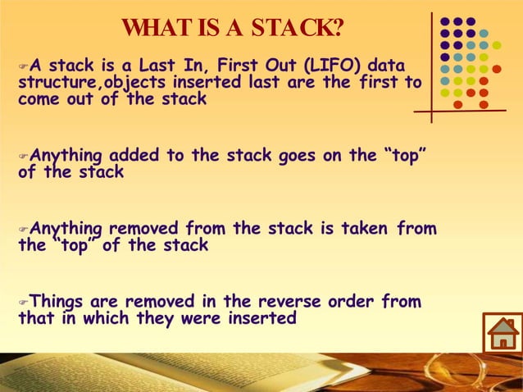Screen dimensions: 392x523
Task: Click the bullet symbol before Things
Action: click(23, 303)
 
